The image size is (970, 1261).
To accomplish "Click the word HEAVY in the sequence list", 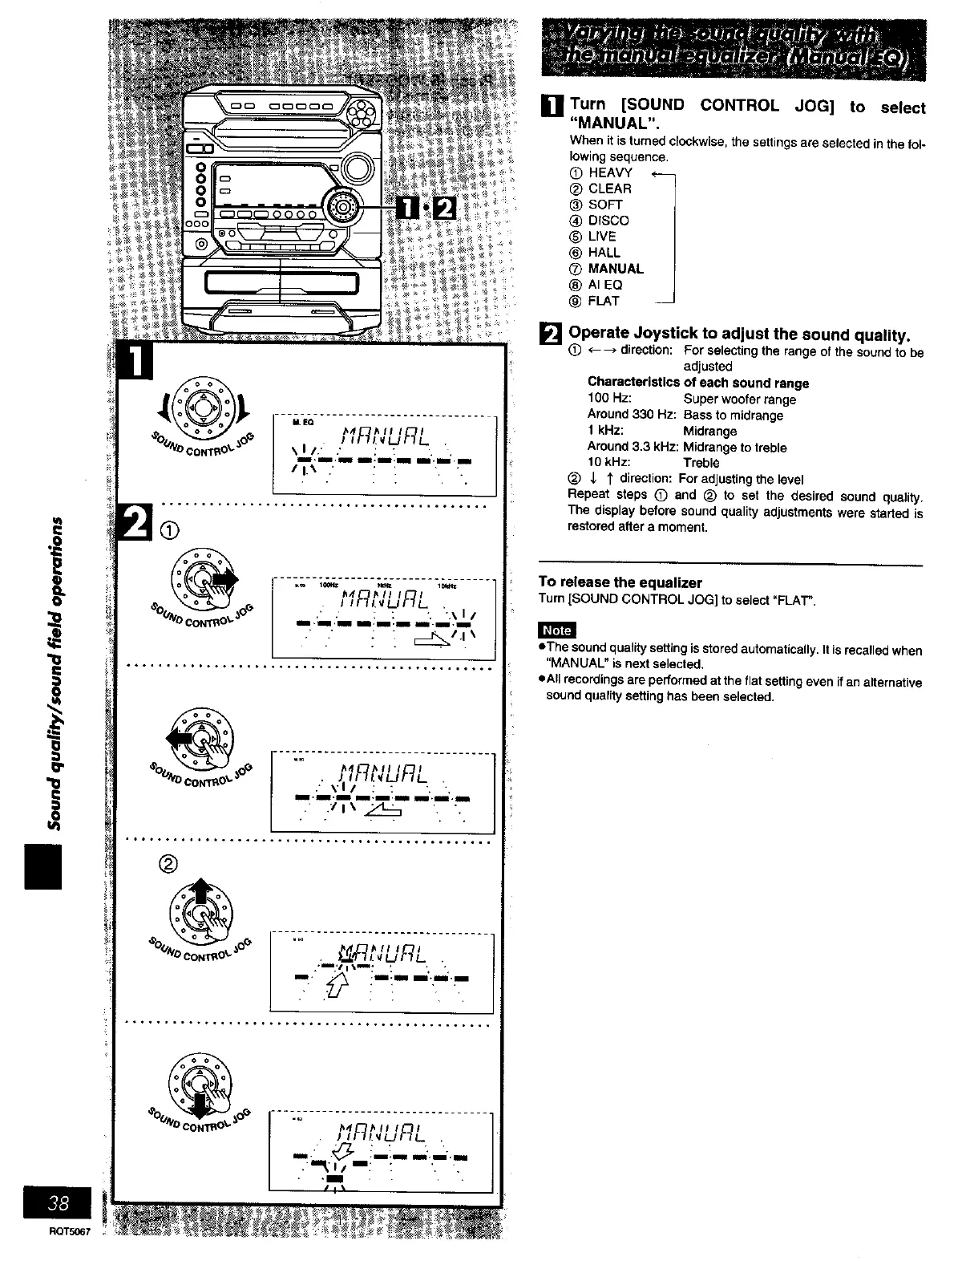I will [x=610, y=172].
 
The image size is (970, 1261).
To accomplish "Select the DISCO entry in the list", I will [x=608, y=221].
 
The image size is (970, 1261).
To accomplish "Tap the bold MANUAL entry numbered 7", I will [x=616, y=269].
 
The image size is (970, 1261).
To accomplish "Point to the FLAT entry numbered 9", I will [x=604, y=301].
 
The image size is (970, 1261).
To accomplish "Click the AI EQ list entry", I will [x=605, y=285].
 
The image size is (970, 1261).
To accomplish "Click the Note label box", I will [x=557, y=630].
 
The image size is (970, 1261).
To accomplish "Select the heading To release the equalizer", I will [x=620, y=582].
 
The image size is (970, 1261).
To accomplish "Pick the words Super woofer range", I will [x=739, y=399].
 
